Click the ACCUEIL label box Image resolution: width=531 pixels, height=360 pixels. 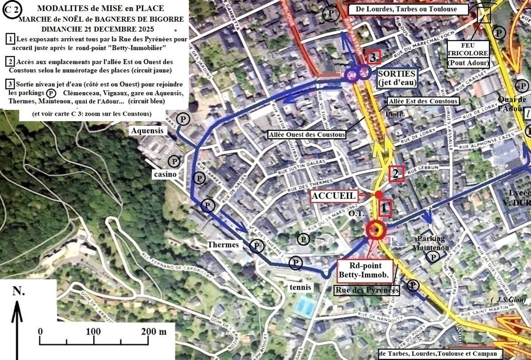[333, 196]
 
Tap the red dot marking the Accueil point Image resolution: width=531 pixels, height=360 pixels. [379, 194]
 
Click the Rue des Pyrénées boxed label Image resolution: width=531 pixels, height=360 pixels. [367, 290]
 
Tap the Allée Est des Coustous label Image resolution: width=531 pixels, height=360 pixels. [423, 101]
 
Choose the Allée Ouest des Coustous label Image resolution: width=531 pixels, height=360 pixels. [307, 134]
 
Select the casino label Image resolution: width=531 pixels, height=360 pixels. [165, 174]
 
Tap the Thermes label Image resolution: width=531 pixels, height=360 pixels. [224, 244]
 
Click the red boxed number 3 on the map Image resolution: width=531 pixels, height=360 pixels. [373, 58]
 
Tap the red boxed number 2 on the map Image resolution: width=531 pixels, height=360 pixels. [396, 174]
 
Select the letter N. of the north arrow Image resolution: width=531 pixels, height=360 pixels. [18, 291]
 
